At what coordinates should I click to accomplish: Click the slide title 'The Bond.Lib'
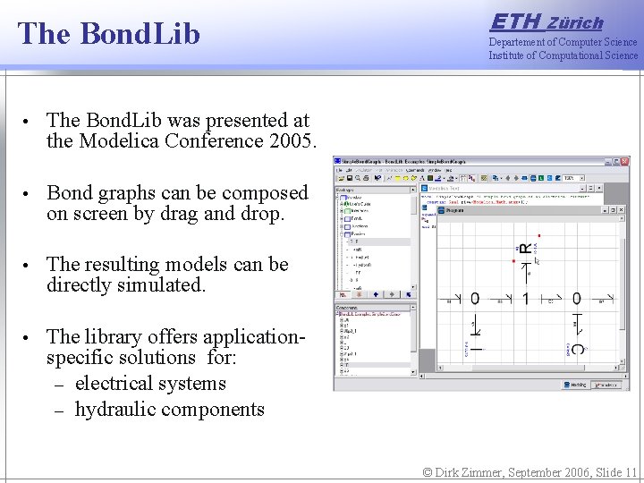coord(108,34)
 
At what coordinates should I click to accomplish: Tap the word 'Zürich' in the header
coord(575,23)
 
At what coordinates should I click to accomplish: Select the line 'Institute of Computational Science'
coord(563,55)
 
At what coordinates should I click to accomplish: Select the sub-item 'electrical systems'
coord(150,384)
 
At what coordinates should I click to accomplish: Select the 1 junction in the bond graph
coord(526,299)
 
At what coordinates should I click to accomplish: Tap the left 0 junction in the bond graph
coord(475,299)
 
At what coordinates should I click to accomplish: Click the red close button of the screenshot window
coord(623,162)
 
